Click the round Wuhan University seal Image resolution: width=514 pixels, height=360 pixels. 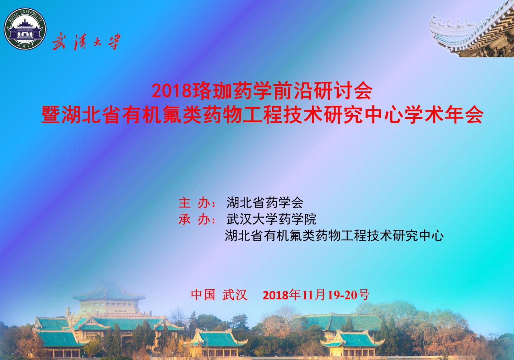tap(25, 29)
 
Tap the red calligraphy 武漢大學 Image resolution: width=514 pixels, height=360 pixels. tap(86, 42)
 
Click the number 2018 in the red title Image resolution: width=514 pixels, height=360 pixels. tap(172, 91)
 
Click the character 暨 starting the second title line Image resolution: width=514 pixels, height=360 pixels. tap(51, 115)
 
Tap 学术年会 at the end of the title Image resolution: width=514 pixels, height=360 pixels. tap(443, 115)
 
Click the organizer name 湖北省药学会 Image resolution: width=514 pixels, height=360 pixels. tap(265, 203)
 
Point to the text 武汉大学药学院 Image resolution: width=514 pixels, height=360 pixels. tap(271, 219)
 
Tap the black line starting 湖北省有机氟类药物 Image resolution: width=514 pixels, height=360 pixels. tap(334, 236)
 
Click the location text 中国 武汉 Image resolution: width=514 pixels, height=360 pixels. tap(219, 295)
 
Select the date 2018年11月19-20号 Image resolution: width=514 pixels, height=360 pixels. tap(316, 295)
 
